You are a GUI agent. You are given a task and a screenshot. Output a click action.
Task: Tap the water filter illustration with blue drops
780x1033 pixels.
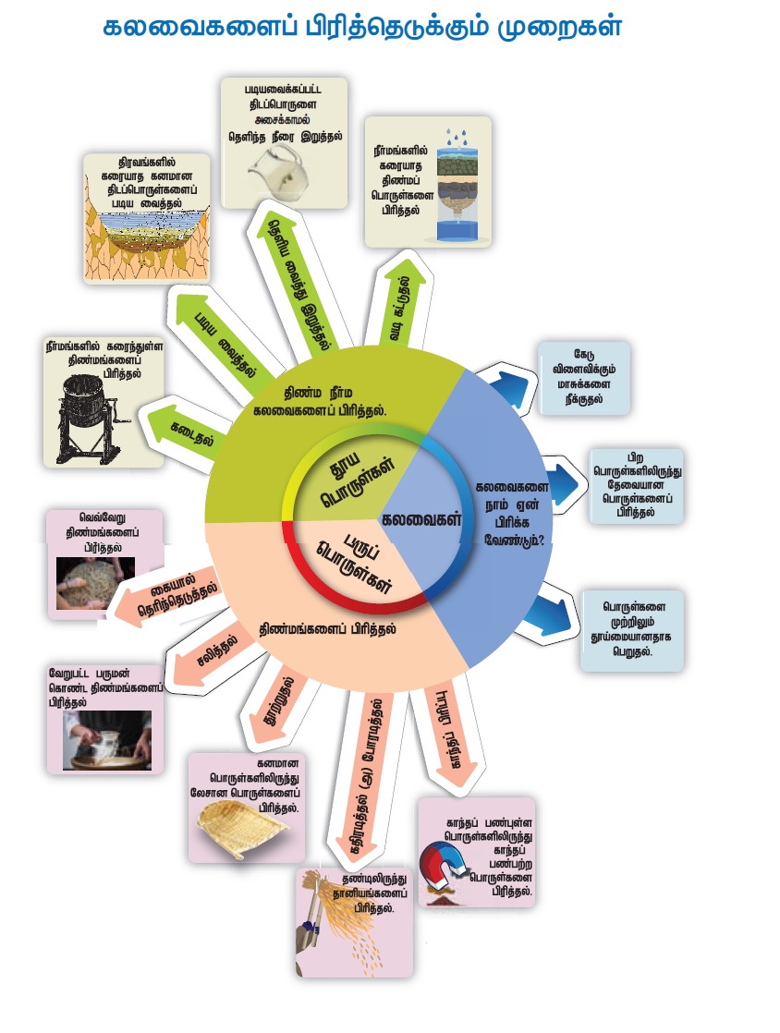(452, 185)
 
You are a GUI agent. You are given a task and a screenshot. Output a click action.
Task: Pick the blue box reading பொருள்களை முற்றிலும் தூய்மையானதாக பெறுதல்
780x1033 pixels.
(632, 629)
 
